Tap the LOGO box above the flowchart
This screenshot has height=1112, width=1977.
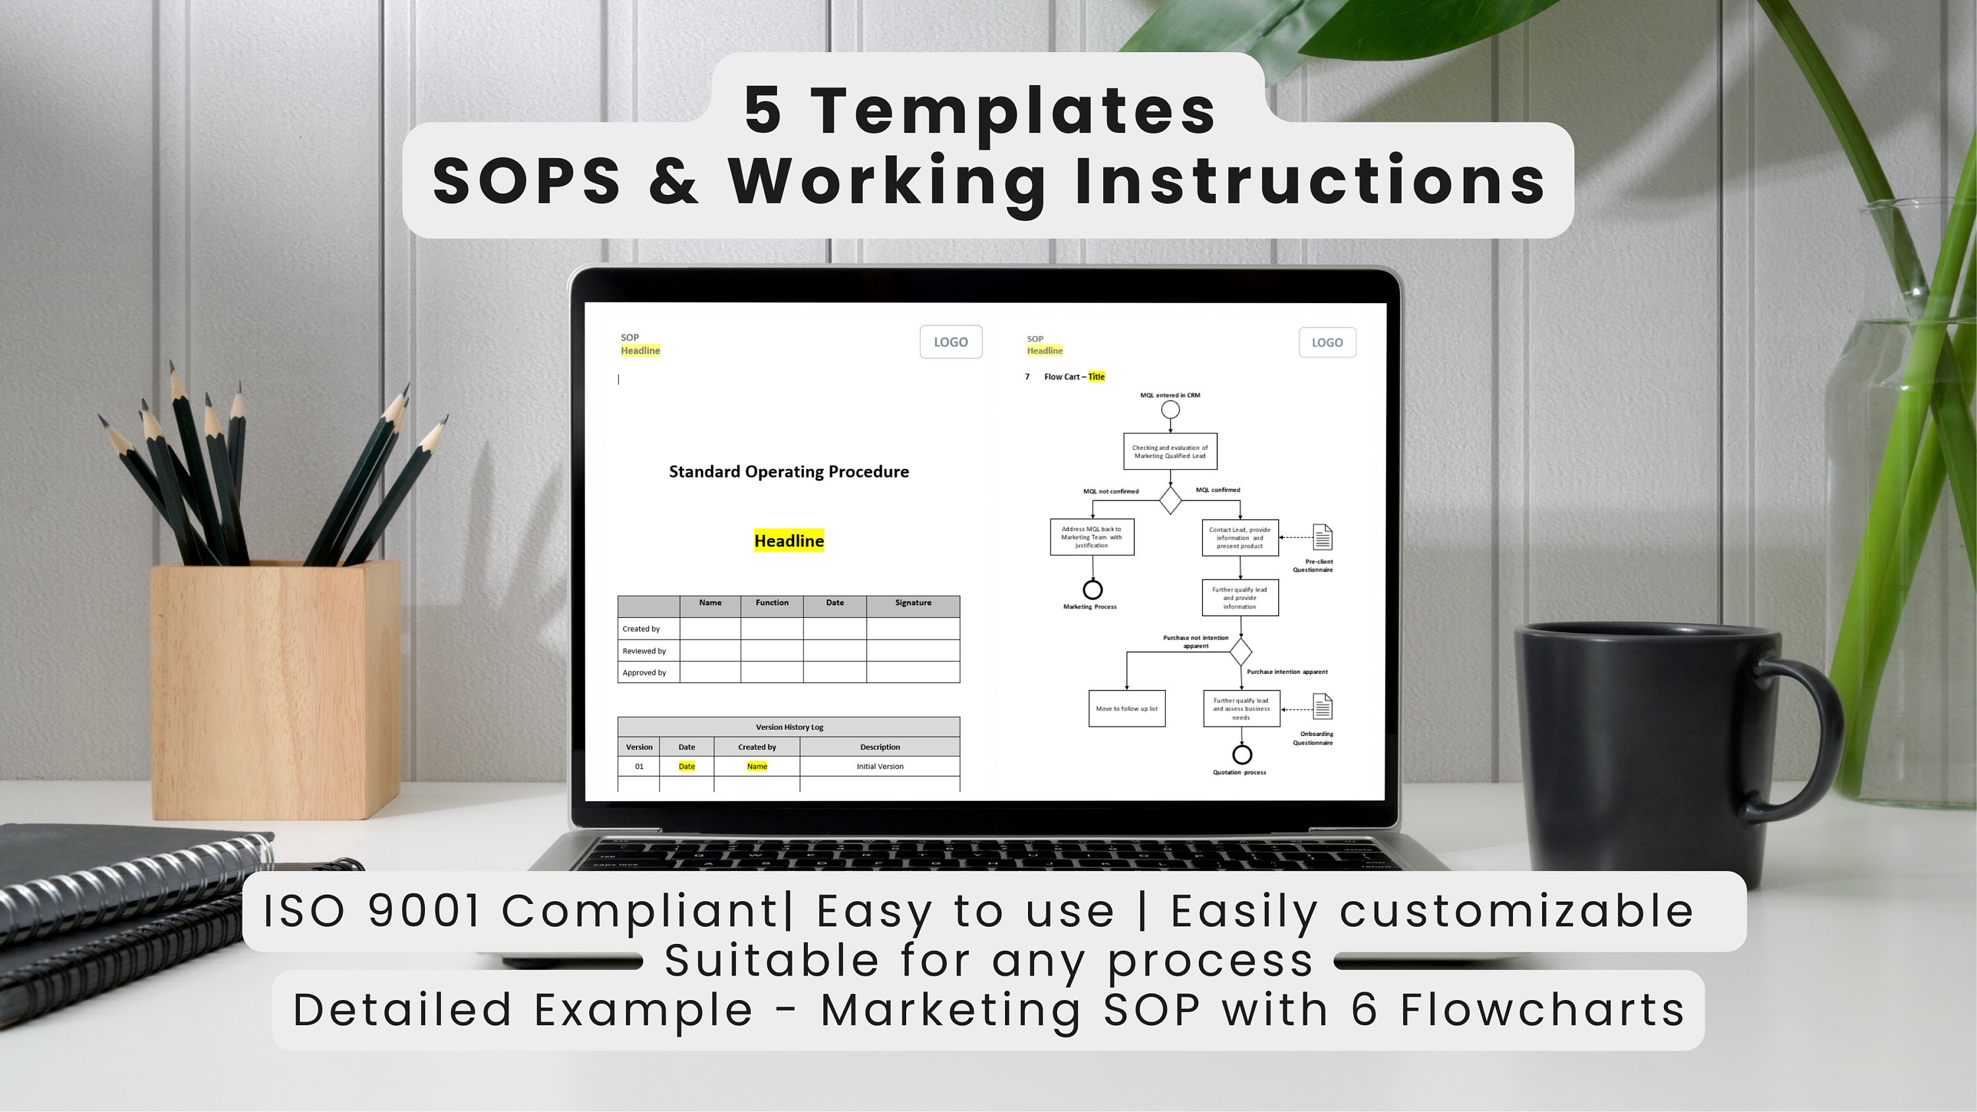point(1327,343)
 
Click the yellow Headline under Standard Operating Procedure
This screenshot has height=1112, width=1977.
point(789,541)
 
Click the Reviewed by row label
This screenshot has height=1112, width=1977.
point(644,651)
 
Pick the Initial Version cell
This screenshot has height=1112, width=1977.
point(880,767)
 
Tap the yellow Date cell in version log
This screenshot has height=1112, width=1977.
point(686,767)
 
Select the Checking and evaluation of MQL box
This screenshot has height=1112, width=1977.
point(1170,452)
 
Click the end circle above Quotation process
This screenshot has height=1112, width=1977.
point(1242,754)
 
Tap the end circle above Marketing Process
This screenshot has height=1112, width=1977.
point(1092,590)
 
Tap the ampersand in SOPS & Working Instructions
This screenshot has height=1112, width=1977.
point(673,181)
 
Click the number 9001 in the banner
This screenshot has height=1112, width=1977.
point(424,911)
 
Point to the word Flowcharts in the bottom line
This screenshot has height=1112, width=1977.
point(1542,1009)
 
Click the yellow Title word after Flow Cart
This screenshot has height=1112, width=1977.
point(1096,377)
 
